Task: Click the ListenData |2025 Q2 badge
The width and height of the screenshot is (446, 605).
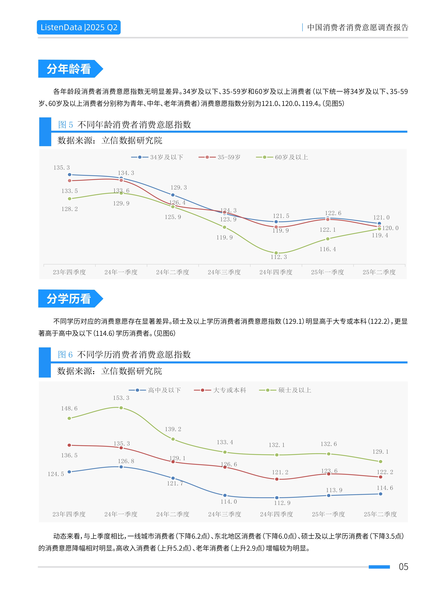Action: (79, 27)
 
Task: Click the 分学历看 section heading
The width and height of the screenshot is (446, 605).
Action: (69, 299)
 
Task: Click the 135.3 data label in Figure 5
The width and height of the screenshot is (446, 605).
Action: (62, 168)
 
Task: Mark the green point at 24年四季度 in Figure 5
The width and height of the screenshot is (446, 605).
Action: (276, 253)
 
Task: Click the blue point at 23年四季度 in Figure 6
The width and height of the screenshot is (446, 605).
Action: (69, 472)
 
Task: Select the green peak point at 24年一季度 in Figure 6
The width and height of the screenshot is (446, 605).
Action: (121, 408)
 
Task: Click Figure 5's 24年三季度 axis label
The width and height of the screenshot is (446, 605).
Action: (224, 272)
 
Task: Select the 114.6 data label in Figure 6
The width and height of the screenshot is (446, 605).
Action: (385, 488)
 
